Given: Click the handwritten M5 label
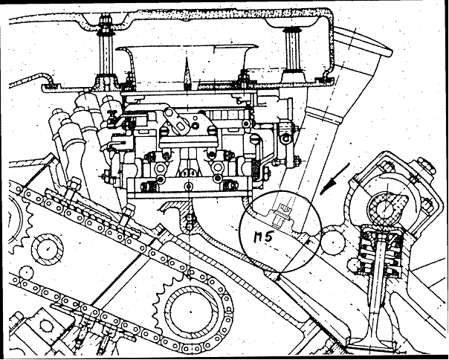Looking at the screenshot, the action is click(263, 237).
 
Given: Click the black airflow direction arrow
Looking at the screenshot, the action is click(335, 179).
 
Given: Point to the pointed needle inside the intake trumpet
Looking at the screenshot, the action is click(187, 72).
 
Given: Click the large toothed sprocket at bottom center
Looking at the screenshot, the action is click(190, 312).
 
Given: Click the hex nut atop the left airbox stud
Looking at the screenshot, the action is click(105, 22).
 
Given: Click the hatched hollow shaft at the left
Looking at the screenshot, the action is click(47, 248).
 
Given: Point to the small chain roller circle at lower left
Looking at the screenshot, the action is click(26, 272).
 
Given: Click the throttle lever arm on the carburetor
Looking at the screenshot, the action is click(177, 120).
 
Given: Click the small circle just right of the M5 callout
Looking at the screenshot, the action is click(333, 242).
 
